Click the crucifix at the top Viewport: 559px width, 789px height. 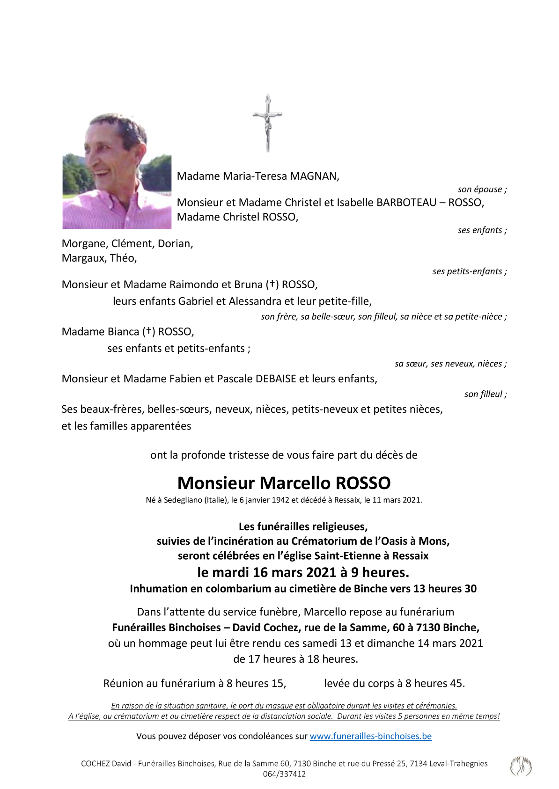pyautogui.click(x=267, y=123)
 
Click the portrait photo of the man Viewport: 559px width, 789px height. pyautogui.click(x=117, y=171)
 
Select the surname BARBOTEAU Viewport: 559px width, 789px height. pyautogui.click(x=406, y=203)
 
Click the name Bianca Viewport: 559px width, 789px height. pyautogui.click(x=117, y=332)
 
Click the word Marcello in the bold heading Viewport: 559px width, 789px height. pyautogui.click(x=294, y=483)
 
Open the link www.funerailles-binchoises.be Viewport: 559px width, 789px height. pyautogui.click(x=370, y=736)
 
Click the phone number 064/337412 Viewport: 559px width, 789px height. pyautogui.click(x=284, y=774)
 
